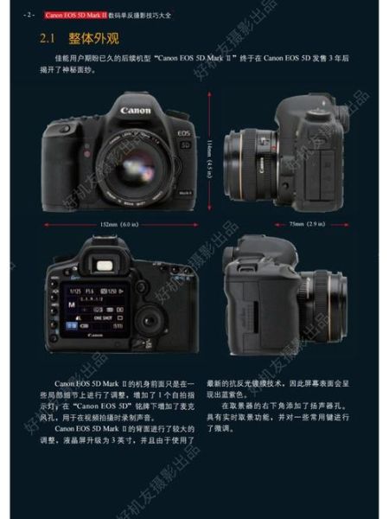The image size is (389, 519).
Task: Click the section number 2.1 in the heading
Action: (50, 39)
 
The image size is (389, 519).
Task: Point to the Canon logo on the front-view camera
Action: (136, 111)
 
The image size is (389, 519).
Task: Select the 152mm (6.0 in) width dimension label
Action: (119, 224)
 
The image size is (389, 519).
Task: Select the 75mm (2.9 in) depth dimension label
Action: (306, 224)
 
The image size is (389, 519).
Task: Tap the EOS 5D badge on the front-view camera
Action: (182, 138)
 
